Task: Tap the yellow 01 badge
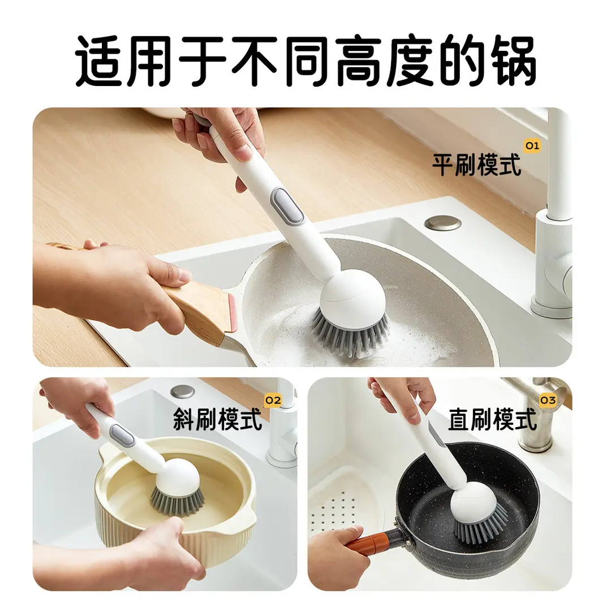(x=532, y=146)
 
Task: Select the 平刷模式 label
(x=476, y=164)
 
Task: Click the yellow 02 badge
(x=273, y=401)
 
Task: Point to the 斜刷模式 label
(x=218, y=420)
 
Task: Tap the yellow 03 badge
(x=547, y=401)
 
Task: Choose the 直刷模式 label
(x=492, y=420)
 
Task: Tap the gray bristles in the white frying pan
(x=351, y=334)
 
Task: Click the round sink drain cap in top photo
(x=442, y=223)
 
